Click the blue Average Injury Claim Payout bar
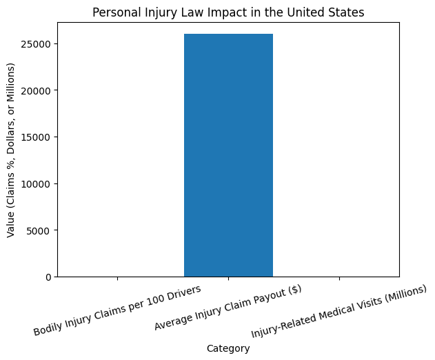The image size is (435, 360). pos(228,155)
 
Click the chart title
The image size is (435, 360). pos(228,12)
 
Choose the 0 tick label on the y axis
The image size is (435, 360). pos(48,277)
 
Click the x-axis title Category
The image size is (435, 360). pos(228,349)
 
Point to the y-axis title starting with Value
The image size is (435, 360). pos(12,150)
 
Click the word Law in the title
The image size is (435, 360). pos(179,12)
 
